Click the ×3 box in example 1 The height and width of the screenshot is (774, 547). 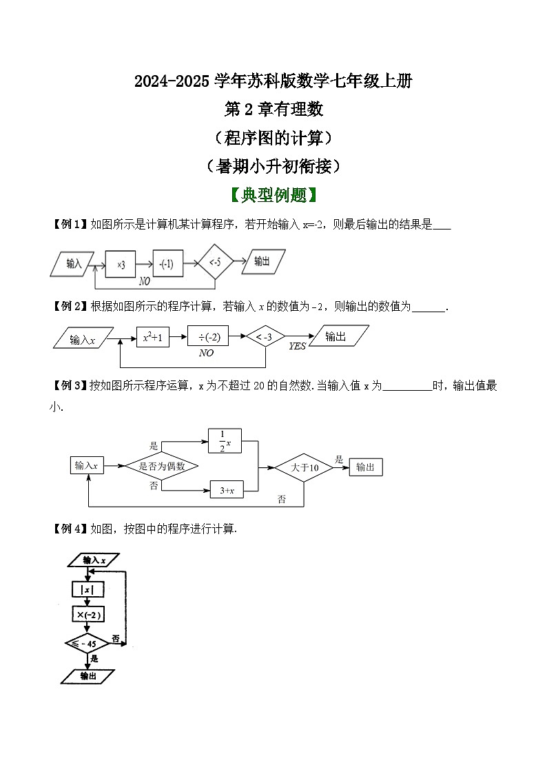pos(121,263)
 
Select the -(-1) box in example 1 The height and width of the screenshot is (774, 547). pos(167,263)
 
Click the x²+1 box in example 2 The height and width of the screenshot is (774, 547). pos(152,338)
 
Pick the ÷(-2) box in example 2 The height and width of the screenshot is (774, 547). pos(208,337)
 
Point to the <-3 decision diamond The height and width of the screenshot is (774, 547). pos(265,337)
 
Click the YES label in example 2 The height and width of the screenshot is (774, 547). pos(297,347)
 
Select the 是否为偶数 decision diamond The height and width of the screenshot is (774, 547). pos(162,467)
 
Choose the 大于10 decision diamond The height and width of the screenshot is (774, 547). pos(304,467)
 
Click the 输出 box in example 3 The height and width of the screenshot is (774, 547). pos(366,467)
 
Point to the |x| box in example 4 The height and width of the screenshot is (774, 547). pos(87,590)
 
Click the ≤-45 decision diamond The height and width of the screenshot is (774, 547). pos(87,643)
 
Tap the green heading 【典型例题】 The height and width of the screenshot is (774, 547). pos(273,195)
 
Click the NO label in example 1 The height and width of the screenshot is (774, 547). pos(145,281)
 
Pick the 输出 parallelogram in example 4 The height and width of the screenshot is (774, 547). pos(88,677)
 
